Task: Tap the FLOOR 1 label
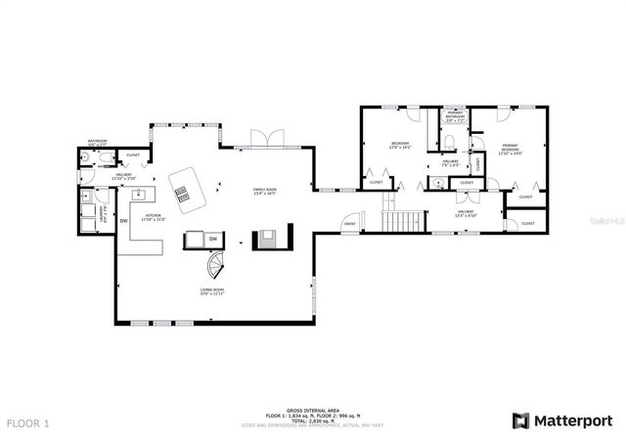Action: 30,423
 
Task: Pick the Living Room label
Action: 212,291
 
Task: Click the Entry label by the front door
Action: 349,225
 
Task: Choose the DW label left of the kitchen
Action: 124,221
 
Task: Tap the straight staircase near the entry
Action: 402,221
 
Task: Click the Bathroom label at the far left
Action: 97,141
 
